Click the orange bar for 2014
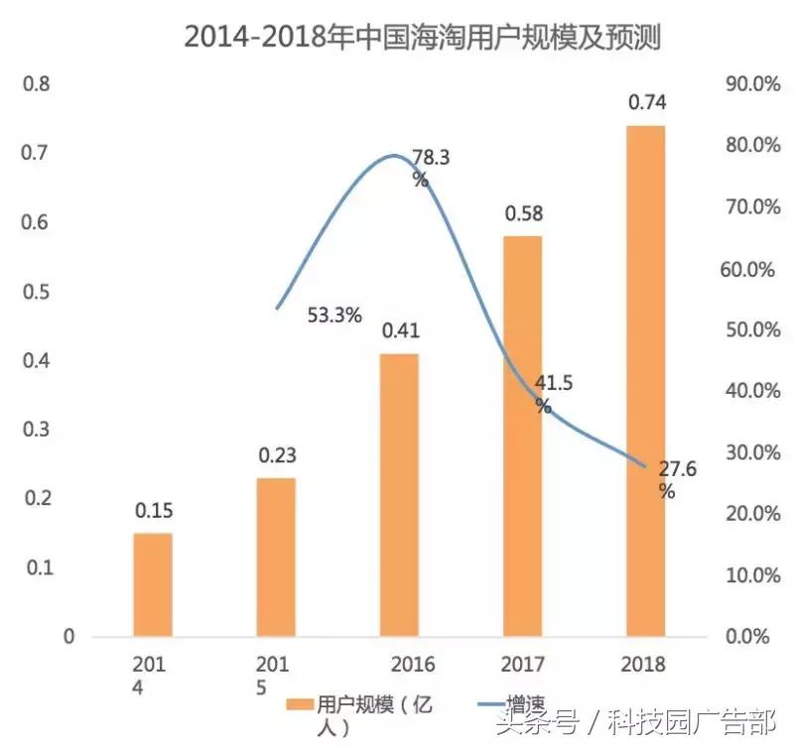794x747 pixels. (x=153, y=584)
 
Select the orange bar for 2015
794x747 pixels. (x=277, y=557)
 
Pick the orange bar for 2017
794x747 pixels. (x=522, y=436)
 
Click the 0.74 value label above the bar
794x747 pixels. (x=646, y=102)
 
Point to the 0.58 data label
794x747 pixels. (x=522, y=213)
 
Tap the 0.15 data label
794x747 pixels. (x=153, y=511)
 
